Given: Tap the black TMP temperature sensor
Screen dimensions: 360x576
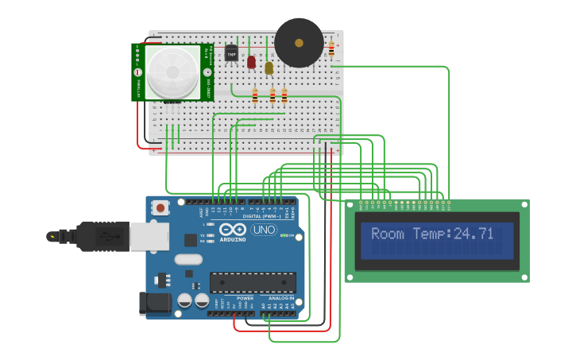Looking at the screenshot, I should pyautogui.click(x=231, y=54).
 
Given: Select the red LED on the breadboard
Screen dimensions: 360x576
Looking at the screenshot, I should pyautogui.click(x=251, y=61).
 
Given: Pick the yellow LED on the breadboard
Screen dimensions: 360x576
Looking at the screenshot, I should pyautogui.click(x=269, y=68).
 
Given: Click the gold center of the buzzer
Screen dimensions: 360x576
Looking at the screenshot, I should pyautogui.click(x=300, y=42).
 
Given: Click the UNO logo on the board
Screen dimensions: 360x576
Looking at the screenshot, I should pyautogui.click(x=264, y=230).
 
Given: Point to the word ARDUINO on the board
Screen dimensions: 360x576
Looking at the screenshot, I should pyautogui.click(x=233, y=239).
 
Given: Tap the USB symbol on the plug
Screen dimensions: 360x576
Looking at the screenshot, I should pyautogui.click(x=101, y=235).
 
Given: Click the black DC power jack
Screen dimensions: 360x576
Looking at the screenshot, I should pyautogui.click(x=154, y=303).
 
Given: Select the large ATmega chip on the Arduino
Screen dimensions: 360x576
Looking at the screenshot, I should pyautogui.click(x=253, y=282).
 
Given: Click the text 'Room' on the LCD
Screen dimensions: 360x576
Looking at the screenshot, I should pyautogui.click(x=388, y=234).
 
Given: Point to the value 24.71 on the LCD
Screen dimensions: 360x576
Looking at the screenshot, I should pyautogui.click(x=474, y=234).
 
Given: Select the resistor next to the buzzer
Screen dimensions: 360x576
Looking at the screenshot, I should pyautogui.click(x=331, y=49).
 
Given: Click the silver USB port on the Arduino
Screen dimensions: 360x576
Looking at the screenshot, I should pyautogui.click(x=149, y=236).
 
